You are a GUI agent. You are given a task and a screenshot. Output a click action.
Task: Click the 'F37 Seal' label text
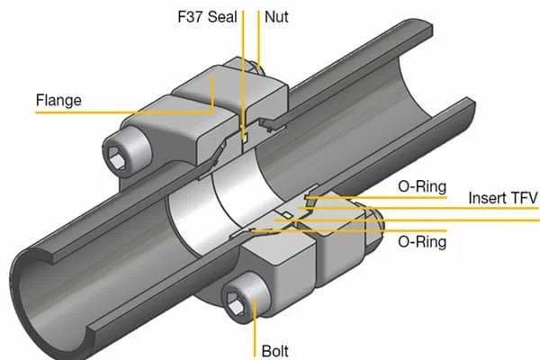pyautogui.click(x=207, y=16)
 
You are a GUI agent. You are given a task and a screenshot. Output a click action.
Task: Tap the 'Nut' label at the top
pyautogui.click(x=276, y=16)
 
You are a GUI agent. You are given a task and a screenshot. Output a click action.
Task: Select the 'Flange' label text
pyautogui.click(x=58, y=100)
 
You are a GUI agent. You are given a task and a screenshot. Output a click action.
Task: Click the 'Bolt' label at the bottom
pyautogui.click(x=275, y=351)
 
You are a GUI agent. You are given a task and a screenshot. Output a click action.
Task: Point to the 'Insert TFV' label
pyautogui.click(x=503, y=198)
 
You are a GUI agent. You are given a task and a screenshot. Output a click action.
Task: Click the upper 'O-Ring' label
pyautogui.click(x=422, y=186)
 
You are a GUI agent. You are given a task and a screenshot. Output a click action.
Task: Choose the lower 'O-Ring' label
pyautogui.click(x=422, y=242)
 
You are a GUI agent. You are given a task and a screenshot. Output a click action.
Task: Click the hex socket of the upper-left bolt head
pyautogui.click(x=117, y=158)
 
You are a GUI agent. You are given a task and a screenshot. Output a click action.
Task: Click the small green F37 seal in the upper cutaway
pyautogui.click(x=245, y=138)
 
